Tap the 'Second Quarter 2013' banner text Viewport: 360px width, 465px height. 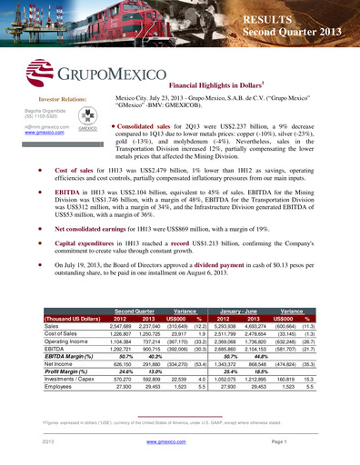tap(286, 33)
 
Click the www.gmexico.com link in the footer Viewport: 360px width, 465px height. tap(180, 440)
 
